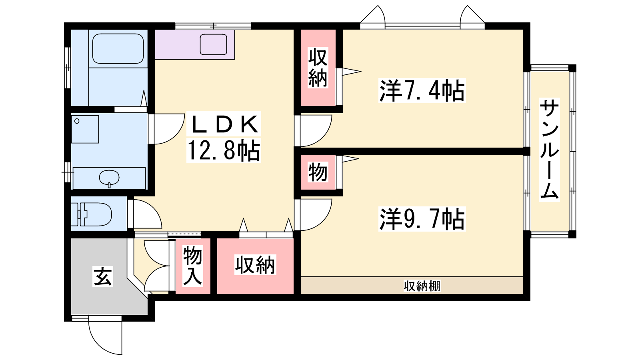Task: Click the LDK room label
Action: pyautogui.click(x=224, y=124)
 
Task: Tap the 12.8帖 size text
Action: pyautogui.click(x=224, y=150)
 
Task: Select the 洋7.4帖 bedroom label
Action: pyautogui.click(x=422, y=90)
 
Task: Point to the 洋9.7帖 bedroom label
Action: pyautogui.click(x=422, y=219)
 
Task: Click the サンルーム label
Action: pyautogui.click(x=549, y=150)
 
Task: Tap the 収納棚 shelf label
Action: pyautogui.click(x=422, y=286)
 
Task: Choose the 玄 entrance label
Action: pyautogui.click(x=102, y=276)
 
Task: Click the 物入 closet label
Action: pyautogui.click(x=192, y=266)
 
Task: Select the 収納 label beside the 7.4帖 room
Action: pyautogui.click(x=318, y=68)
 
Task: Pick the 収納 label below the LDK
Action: pyautogui.click(x=255, y=265)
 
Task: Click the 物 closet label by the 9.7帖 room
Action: pyautogui.click(x=318, y=172)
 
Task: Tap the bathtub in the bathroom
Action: pyautogui.click(x=118, y=48)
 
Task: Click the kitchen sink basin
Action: pyautogui.click(x=213, y=44)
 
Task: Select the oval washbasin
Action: pyautogui.click(x=109, y=178)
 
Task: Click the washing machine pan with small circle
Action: pyautogui.click(x=85, y=129)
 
